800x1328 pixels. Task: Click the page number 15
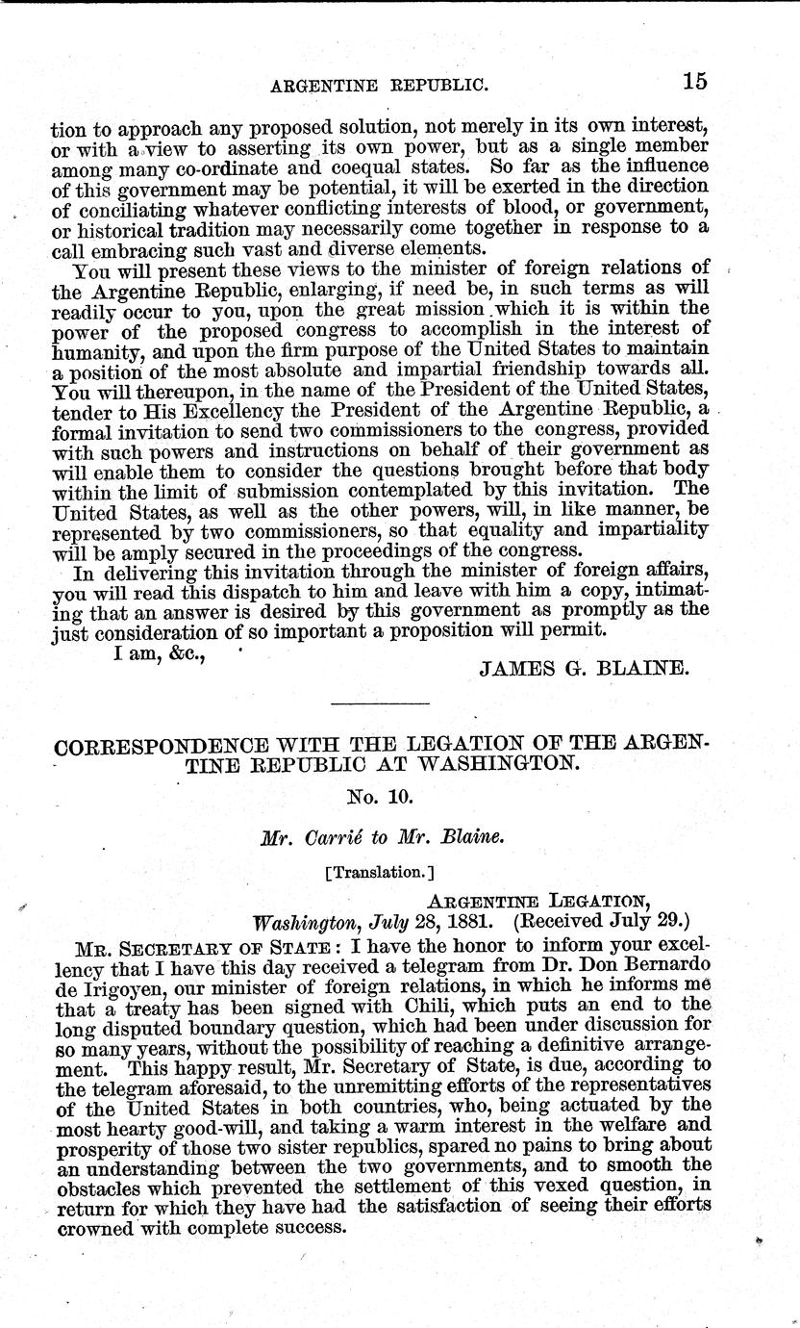694,82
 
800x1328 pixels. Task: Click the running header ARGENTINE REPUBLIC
381,85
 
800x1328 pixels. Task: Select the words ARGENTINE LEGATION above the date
538,900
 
